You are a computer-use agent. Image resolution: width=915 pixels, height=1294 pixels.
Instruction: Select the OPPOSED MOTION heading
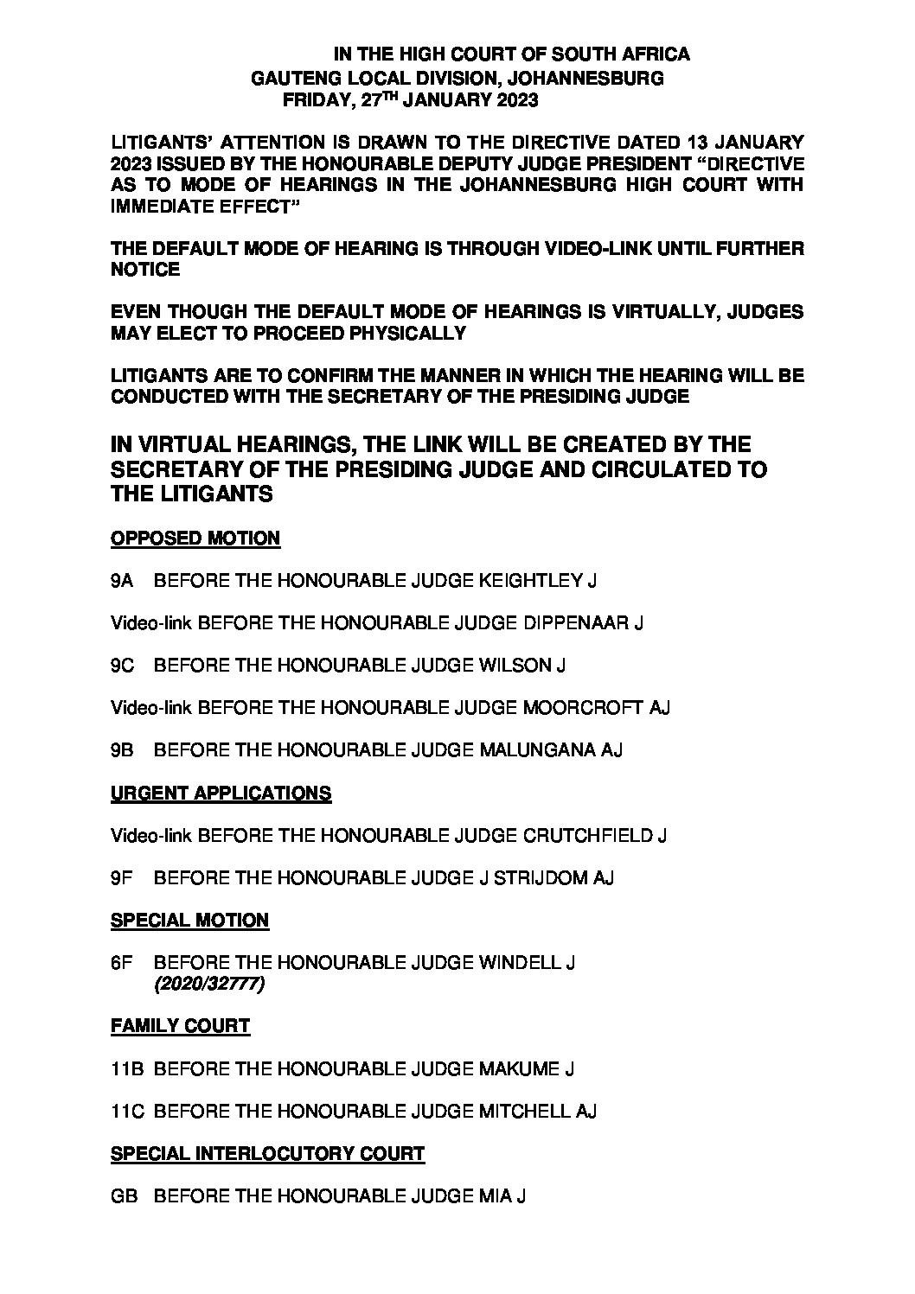(195, 539)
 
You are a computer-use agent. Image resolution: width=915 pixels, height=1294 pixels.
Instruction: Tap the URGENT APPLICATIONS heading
(221, 794)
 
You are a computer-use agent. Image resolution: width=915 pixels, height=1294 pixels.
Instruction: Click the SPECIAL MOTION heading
(189, 921)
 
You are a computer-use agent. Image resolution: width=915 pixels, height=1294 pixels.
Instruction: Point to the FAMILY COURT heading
(180, 1026)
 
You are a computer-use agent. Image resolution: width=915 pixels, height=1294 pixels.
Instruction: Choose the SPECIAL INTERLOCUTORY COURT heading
(267, 1153)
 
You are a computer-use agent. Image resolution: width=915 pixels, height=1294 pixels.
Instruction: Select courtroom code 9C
(121, 666)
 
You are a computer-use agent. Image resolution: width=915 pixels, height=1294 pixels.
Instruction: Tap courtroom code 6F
(121, 963)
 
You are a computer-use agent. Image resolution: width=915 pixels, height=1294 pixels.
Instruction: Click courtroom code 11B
(126, 1069)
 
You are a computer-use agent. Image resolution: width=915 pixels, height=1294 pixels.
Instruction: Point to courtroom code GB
(123, 1196)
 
